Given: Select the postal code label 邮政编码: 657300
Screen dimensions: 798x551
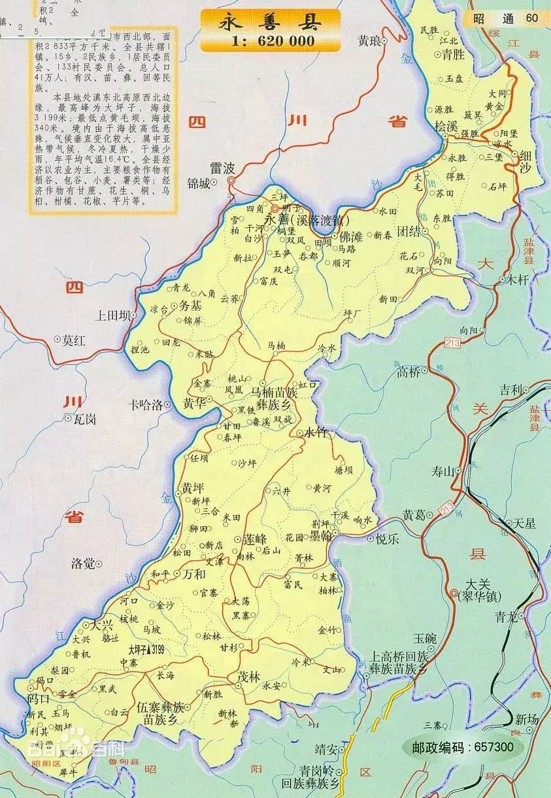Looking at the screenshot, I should pos(462,746).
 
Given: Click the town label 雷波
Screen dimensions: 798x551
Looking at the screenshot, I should pos(222,168).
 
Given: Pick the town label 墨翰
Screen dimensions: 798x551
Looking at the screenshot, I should pos(321,535).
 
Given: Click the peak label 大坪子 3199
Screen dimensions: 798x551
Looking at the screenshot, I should pos(146,650).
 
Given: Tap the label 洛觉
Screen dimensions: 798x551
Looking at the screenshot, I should pos(84,563).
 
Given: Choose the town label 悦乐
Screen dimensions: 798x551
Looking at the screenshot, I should pos(387,539).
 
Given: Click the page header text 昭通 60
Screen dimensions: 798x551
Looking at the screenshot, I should pos(508,18).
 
